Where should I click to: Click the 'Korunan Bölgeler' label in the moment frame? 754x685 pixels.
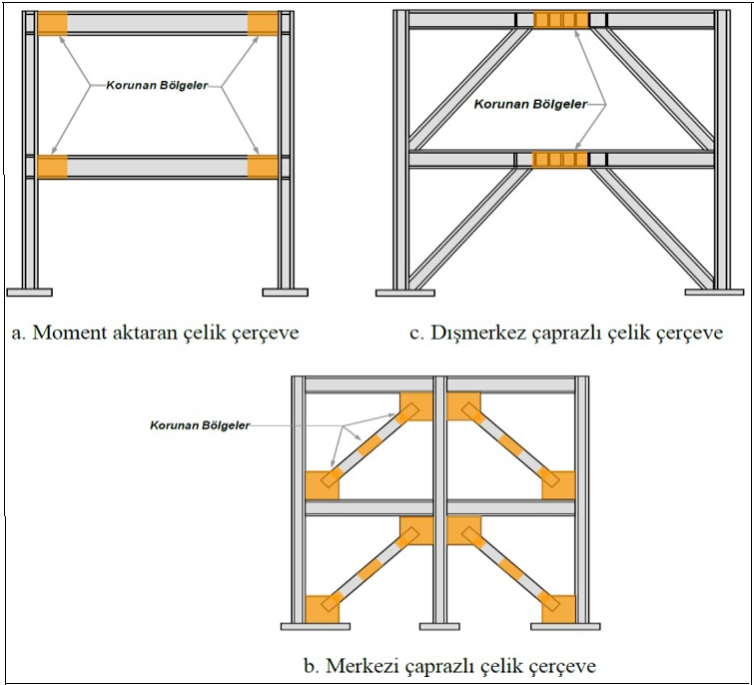click(x=158, y=86)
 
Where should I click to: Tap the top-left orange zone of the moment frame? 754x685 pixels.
click(x=52, y=22)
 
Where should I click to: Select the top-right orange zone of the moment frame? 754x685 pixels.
click(x=263, y=22)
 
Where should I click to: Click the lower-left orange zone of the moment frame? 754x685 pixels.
click(x=52, y=167)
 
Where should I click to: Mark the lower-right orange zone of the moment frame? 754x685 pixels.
click(x=263, y=167)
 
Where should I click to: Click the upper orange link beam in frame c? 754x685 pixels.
click(x=562, y=20)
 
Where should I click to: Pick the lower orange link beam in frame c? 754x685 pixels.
click(x=562, y=159)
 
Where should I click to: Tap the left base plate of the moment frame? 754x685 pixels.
click(x=29, y=292)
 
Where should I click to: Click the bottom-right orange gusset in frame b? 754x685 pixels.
click(x=554, y=607)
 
